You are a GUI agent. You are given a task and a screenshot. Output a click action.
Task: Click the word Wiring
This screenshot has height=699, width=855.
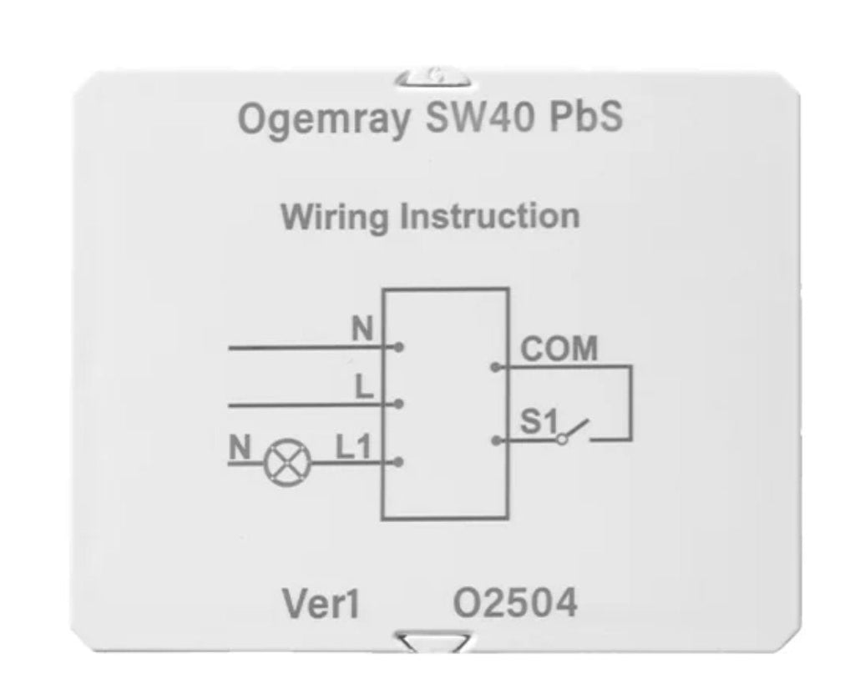[x=334, y=218]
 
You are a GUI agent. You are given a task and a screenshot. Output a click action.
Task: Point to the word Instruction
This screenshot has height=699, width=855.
[x=489, y=216]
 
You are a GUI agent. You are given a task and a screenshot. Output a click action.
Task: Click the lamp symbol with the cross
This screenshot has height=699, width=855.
[x=287, y=463]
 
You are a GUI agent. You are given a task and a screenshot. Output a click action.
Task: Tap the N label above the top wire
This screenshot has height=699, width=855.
[x=362, y=329]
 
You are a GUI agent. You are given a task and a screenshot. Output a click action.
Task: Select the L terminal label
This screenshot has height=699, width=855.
[x=364, y=388]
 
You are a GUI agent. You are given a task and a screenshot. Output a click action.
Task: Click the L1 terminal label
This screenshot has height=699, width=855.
[x=353, y=447]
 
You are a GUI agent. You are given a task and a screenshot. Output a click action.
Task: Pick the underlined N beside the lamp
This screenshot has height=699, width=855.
[x=240, y=448]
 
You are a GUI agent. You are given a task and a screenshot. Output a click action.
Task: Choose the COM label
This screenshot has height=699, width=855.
[x=559, y=349]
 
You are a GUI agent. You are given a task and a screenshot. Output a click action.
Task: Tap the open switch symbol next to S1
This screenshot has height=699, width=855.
[x=573, y=430]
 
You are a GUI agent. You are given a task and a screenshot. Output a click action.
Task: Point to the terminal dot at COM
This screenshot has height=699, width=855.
[x=496, y=368]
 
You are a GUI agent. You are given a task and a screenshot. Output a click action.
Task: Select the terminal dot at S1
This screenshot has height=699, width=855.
[x=496, y=440]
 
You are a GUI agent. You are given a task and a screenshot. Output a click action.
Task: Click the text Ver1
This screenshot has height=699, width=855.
[x=321, y=604]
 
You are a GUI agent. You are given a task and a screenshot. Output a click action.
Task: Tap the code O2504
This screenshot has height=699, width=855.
[x=515, y=602]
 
